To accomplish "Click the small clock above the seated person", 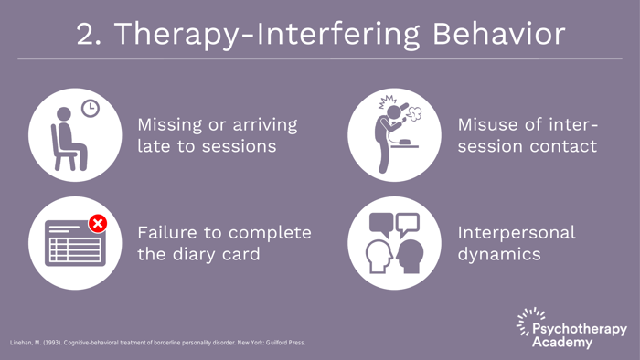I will click(x=90, y=108).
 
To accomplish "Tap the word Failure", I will click(x=171, y=232).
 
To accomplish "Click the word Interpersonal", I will click(x=517, y=232).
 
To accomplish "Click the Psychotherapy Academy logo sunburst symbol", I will click(x=528, y=321).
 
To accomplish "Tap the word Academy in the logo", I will click(x=561, y=343).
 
